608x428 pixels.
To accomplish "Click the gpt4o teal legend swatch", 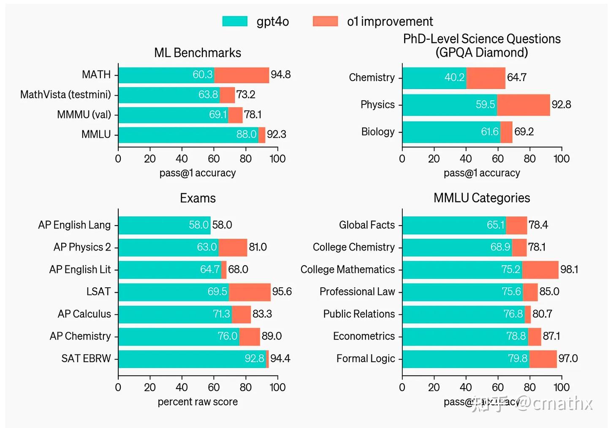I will point(235,21).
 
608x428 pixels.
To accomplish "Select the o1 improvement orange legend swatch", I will point(325,21).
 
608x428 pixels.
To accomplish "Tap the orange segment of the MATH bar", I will point(242,75).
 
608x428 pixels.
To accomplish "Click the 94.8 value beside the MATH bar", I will point(281,75).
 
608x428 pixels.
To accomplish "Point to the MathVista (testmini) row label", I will point(65,95).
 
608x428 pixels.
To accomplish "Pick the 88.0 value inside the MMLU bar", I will point(246,134).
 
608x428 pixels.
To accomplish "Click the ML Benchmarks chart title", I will point(198,53).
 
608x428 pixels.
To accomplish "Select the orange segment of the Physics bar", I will point(524,105).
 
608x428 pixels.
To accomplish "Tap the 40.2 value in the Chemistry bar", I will point(454,78).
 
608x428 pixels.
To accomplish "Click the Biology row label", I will point(378,132).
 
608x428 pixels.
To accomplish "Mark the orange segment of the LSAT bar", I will point(250,292).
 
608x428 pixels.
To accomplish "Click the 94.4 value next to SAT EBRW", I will point(280,359).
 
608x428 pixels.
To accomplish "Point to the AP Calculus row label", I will point(84,314).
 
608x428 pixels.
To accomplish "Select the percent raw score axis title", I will point(198,402).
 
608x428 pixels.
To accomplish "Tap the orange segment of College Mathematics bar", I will point(540,270).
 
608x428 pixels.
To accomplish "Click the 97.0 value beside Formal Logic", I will point(568,359).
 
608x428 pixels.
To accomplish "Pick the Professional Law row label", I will point(357,292).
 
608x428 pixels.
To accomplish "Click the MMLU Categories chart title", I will point(482,198).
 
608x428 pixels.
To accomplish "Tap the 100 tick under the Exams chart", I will point(277,387).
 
